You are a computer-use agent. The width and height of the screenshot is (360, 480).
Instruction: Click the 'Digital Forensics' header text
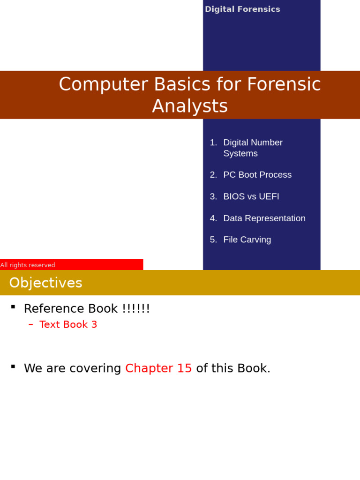242,9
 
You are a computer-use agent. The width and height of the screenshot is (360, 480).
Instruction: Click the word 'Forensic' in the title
284,84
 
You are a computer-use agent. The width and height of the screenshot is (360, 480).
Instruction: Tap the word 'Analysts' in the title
190,106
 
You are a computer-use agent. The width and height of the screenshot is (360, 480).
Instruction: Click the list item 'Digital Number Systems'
253,148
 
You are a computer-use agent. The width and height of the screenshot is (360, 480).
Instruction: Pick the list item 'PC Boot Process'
257,175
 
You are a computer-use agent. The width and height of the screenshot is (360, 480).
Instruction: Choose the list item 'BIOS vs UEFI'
251,196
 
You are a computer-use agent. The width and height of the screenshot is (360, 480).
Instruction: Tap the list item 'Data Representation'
264,218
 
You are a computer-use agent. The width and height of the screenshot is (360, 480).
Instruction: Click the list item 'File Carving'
247,240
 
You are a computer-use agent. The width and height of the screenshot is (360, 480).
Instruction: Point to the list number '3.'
213,196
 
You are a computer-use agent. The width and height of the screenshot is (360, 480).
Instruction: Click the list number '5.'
213,240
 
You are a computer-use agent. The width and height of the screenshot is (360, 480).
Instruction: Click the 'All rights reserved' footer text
28,265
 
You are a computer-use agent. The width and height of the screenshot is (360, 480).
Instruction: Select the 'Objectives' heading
45,283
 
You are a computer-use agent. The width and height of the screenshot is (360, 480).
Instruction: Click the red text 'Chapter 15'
158,368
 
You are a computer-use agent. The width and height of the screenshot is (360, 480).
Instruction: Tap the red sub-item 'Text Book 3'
68,324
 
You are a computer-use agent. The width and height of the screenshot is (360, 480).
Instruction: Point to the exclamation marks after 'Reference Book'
136,308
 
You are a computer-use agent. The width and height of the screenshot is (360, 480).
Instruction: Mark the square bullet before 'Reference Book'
13,307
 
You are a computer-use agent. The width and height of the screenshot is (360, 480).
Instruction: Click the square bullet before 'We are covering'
13,366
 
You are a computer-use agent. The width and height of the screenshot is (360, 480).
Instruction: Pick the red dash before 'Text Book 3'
31,324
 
